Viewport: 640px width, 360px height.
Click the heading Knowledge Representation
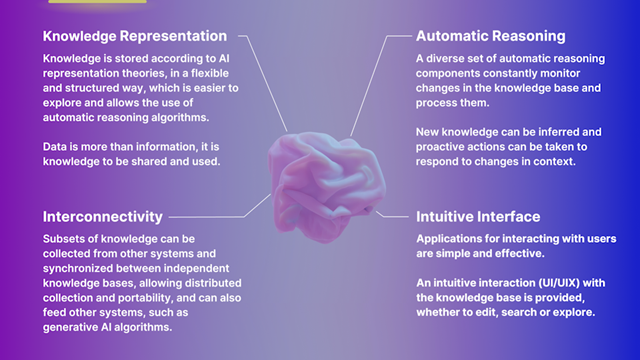tap(135, 36)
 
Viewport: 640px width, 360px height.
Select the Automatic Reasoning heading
tap(491, 36)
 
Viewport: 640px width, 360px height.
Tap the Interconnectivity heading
tap(103, 217)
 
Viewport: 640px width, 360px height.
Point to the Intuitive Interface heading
tap(478, 217)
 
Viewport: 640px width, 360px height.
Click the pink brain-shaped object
tap(326, 186)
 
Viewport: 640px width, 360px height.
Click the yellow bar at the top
tap(97, 1)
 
